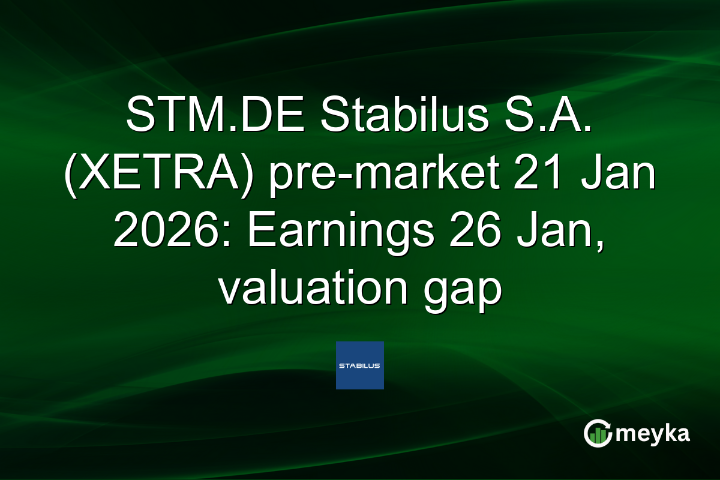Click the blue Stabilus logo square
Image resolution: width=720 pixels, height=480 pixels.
[x=359, y=365]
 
